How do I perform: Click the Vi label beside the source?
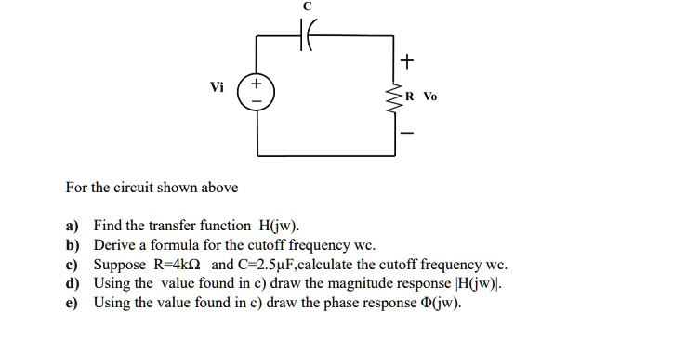(217, 87)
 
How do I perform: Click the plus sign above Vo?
(406, 61)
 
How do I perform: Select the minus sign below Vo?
(406, 131)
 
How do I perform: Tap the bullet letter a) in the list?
(72, 226)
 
